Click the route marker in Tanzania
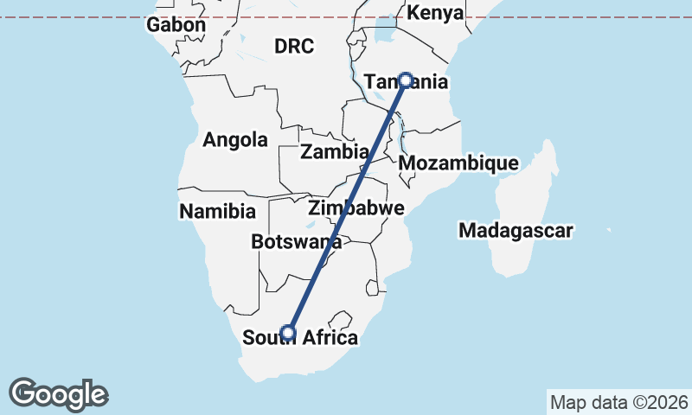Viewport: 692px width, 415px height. [405, 80]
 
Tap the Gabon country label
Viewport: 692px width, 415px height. [176, 25]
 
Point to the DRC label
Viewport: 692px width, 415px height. [294, 47]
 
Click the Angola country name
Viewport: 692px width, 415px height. [235, 140]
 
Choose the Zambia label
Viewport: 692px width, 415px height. [334, 152]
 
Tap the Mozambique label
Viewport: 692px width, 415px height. [458, 163]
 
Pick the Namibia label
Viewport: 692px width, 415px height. [217, 211]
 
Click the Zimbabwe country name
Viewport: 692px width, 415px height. [356, 208]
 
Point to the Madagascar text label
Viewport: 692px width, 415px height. [516, 231]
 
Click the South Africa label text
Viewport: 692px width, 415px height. [300, 338]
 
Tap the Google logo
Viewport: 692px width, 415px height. [58, 394]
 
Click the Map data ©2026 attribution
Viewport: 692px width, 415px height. [618, 403]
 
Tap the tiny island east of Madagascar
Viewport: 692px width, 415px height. [610, 230]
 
